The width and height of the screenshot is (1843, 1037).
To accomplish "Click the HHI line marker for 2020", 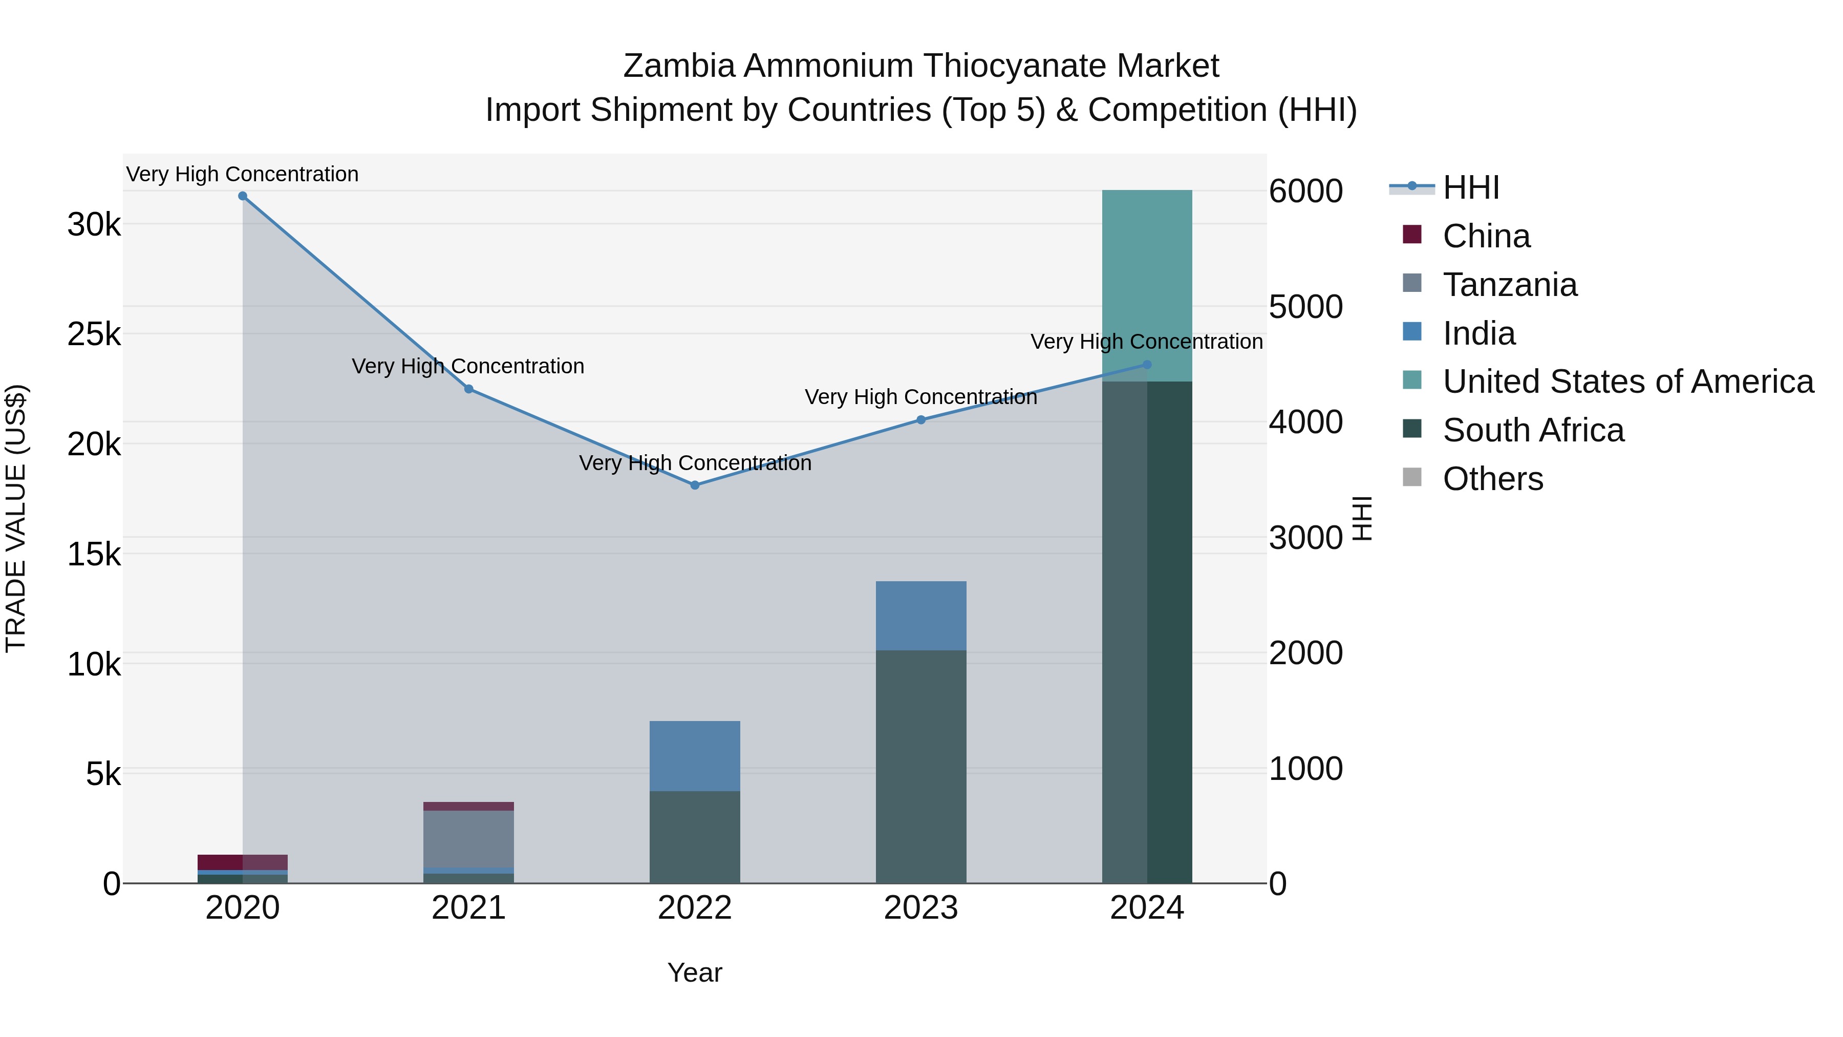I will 243,196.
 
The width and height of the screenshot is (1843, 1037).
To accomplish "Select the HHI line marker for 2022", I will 695,485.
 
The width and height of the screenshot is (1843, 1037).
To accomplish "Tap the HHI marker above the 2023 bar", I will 921,420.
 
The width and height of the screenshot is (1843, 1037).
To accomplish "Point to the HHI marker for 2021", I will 468,389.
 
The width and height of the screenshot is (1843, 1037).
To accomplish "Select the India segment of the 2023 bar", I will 921,616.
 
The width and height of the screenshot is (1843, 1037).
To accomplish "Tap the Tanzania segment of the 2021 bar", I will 468,839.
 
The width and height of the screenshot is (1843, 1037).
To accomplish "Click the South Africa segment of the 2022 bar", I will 695,837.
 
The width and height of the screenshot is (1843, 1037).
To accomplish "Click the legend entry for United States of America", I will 1627,382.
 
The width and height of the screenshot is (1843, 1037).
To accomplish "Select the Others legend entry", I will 1492,479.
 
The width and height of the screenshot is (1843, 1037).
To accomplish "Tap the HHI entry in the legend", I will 1471,187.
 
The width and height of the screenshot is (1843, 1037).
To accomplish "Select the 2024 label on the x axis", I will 1147,908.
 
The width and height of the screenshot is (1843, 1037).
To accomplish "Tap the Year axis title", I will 695,972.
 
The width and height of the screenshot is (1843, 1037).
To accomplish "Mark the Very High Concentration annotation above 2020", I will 243,174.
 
